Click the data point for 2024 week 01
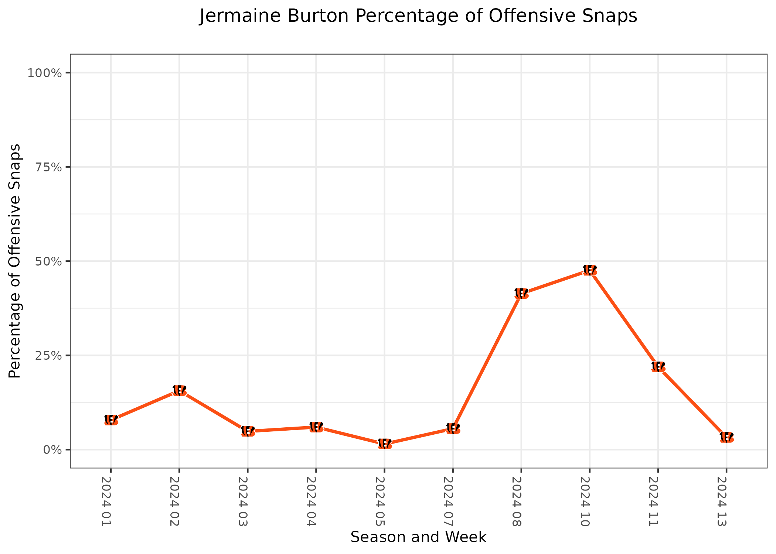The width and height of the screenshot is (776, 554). tap(111, 420)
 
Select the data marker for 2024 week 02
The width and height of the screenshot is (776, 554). tap(179, 390)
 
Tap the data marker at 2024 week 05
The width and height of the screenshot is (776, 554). tap(384, 444)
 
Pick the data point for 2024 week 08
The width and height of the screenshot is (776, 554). tap(521, 294)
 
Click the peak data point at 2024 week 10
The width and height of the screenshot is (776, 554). tap(589, 270)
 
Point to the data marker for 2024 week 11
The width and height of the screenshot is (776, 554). tap(658, 367)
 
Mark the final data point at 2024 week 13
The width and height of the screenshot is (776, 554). tap(726, 437)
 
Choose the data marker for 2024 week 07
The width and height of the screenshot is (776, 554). tap(453, 429)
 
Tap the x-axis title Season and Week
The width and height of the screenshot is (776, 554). tap(418, 537)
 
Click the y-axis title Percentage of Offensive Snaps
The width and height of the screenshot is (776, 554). tap(15, 261)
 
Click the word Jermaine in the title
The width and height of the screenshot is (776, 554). tap(240, 16)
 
